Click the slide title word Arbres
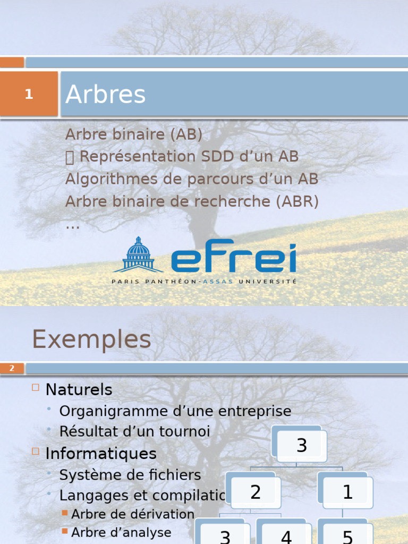[x=105, y=95]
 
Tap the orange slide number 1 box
[x=29, y=94]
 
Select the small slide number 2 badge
[x=12, y=368]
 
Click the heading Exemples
[x=91, y=339]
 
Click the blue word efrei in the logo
[x=233, y=257]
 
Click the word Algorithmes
[x=112, y=180]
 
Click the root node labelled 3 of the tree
[x=302, y=445]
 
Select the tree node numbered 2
[x=256, y=492]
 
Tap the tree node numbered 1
[x=347, y=492]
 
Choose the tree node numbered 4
[x=286, y=535]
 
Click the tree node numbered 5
[x=347, y=535]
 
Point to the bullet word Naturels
[x=79, y=389]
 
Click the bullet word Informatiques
[x=101, y=454]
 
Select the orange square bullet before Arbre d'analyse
[x=65, y=531]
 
